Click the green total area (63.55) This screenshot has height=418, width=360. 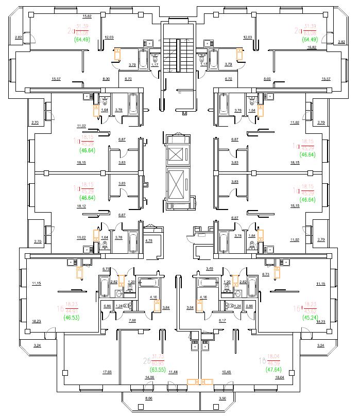(x=156, y=370)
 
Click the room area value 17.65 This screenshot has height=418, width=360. (x=107, y=372)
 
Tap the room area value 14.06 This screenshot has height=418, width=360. (x=150, y=377)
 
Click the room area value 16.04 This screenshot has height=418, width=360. (x=280, y=377)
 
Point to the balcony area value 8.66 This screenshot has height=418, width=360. (x=149, y=399)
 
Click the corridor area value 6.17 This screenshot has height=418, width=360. (x=222, y=321)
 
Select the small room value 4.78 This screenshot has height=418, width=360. (x=149, y=241)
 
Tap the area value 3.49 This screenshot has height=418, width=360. (x=210, y=269)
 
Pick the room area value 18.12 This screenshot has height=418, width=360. (x=81, y=206)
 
